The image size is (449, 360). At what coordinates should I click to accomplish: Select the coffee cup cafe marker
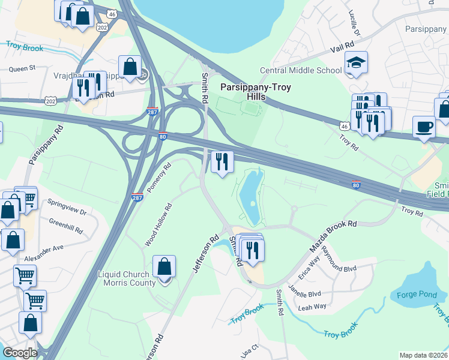pyautogui.click(x=424, y=127)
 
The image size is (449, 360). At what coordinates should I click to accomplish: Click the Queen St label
pyautogui.click(x=23, y=69)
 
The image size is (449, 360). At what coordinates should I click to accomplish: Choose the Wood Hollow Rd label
pyautogui.click(x=158, y=225)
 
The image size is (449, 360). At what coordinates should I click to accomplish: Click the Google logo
pyautogui.click(x=20, y=353)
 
